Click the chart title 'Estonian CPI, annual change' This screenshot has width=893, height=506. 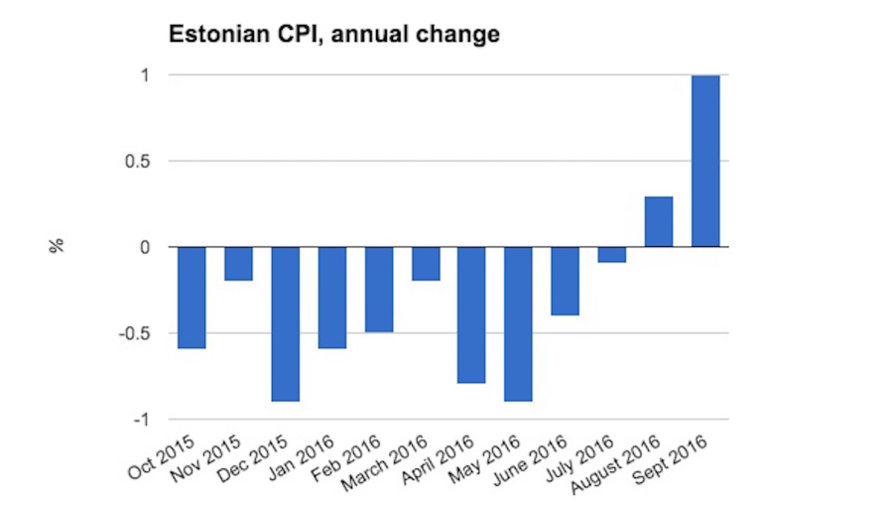[332, 36]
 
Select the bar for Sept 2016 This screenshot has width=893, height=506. [705, 161]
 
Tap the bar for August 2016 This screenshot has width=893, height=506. [659, 221]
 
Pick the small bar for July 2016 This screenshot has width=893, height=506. [612, 254]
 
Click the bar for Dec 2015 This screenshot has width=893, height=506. [286, 323]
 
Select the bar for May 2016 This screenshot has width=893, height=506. [518, 323]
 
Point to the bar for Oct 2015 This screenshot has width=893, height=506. [191, 298]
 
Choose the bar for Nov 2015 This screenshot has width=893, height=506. [238, 264]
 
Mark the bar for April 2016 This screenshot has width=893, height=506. [471, 315]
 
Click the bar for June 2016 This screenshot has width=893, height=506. [566, 281]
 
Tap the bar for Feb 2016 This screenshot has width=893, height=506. [379, 289]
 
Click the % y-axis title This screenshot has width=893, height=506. [57, 246]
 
